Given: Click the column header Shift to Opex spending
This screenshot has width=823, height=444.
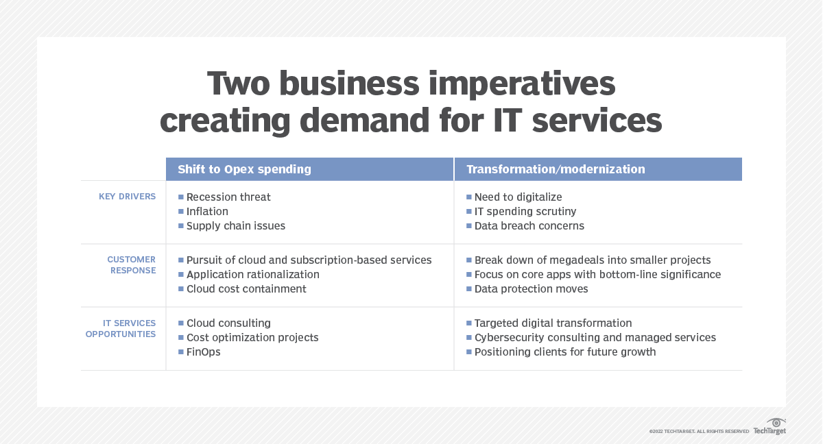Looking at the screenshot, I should pyautogui.click(x=244, y=169).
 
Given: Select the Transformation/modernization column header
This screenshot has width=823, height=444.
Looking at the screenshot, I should pyautogui.click(x=556, y=169).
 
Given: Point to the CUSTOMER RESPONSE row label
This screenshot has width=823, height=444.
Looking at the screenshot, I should pyautogui.click(x=131, y=265).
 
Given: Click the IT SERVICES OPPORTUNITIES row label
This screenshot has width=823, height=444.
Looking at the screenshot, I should pyautogui.click(x=121, y=328).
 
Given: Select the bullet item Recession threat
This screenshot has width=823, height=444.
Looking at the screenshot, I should pyautogui.click(x=228, y=197).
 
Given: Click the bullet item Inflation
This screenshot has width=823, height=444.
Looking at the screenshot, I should pyautogui.click(x=207, y=212).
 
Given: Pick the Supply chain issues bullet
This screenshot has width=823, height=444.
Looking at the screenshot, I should pyautogui.click(x=235, y=226).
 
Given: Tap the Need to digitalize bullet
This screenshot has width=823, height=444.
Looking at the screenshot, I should pyautogui.click(x=518, y=197).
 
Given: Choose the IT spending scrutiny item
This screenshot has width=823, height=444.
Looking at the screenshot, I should pyautogui.click(x=525, y=212).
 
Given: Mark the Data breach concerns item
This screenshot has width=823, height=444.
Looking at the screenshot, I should pyautogui.click(x=529, y=226).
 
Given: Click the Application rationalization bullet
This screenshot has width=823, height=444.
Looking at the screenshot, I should pyautogui.click(x=252, y=275).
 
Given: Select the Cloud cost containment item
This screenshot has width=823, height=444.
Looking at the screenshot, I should pyautogui.click(x=246, y=289).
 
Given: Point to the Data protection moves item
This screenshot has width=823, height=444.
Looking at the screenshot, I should pyautogui.click(x=531, y=289).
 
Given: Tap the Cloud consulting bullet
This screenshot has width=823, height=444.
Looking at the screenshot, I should pyautogui.click(x=228, y=323).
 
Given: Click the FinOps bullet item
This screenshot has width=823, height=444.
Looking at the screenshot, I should pyautogui.click(x=204, y=352).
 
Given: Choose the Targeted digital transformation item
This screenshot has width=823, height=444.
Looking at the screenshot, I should pyautogui.click(x=553, y=323).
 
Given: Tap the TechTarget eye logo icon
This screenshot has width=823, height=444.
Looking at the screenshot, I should pyautogui.click(x=776, y=422).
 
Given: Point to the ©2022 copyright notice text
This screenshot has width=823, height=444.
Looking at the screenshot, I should pyautogui.click(x=699, y=432).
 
